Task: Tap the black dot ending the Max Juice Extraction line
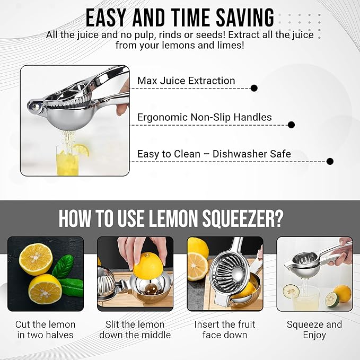[254, 88]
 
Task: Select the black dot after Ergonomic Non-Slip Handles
[291, 125]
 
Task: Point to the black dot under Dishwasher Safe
[330, 161]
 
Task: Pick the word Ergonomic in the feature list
[163, 118]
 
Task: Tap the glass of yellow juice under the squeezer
[67, 160]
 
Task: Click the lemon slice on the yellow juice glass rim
[82, 150]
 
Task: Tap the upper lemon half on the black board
[36, 259]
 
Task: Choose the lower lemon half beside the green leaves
[45, 289]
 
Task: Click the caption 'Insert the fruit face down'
[225, 330]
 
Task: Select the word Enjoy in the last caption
[314, 335]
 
